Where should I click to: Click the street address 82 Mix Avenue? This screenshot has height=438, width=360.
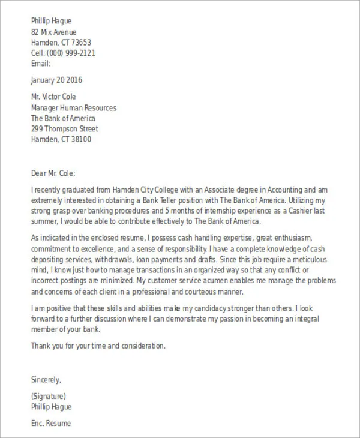(x=53, y=32)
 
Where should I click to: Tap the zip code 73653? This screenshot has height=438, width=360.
(x=79, y=43)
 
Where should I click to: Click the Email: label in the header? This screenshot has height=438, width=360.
(x=41, y=63)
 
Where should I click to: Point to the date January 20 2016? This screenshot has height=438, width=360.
(x=56, y=80)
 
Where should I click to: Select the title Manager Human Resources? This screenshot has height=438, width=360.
(x=73, y=108)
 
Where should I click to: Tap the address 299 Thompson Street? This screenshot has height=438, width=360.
(x=64, y=129)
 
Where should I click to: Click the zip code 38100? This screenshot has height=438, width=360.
(x=79, y=140)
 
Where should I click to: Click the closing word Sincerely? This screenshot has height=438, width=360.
(x=46, y=380)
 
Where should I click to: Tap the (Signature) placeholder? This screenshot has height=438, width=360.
(x=48, y=397)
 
